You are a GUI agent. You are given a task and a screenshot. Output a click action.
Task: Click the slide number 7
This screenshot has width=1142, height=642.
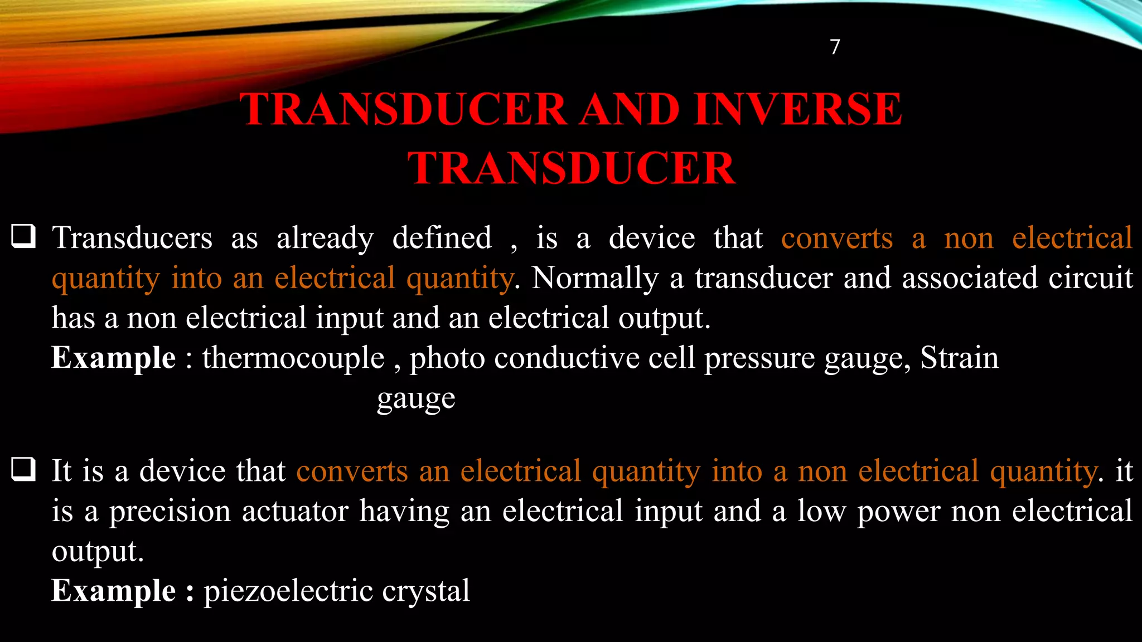tap(835, 47)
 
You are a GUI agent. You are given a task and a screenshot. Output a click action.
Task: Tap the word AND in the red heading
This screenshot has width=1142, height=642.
tap(630, 109)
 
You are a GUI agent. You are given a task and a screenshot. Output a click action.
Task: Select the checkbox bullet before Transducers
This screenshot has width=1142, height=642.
tap(24, 236)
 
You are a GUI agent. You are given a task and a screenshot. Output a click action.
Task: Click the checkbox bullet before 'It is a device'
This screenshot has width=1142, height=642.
tap(24, 469)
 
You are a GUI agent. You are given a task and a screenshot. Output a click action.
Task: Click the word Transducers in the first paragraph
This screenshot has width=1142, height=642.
tap(132, 239)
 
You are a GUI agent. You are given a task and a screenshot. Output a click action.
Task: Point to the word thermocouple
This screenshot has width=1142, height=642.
tap(293, 358)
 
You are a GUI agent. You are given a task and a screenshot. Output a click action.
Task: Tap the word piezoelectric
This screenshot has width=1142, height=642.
tap(288, 591)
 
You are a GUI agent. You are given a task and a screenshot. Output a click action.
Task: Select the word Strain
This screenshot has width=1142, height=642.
tap(959, 358)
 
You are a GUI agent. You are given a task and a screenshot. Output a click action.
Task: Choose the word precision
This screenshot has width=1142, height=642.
tap(170, 511)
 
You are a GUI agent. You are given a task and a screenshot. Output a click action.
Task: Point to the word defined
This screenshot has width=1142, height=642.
tap(442, 239)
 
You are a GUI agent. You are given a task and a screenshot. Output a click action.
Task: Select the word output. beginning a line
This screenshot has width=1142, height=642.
tap(98, 552)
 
